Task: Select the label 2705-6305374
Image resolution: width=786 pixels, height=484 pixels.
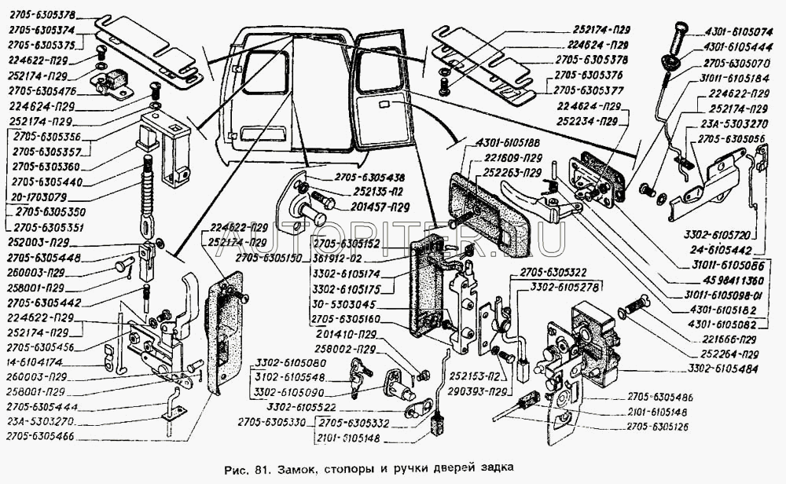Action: click(x=41, y=30)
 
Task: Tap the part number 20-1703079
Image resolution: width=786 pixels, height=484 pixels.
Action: click(x=46, y=197)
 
